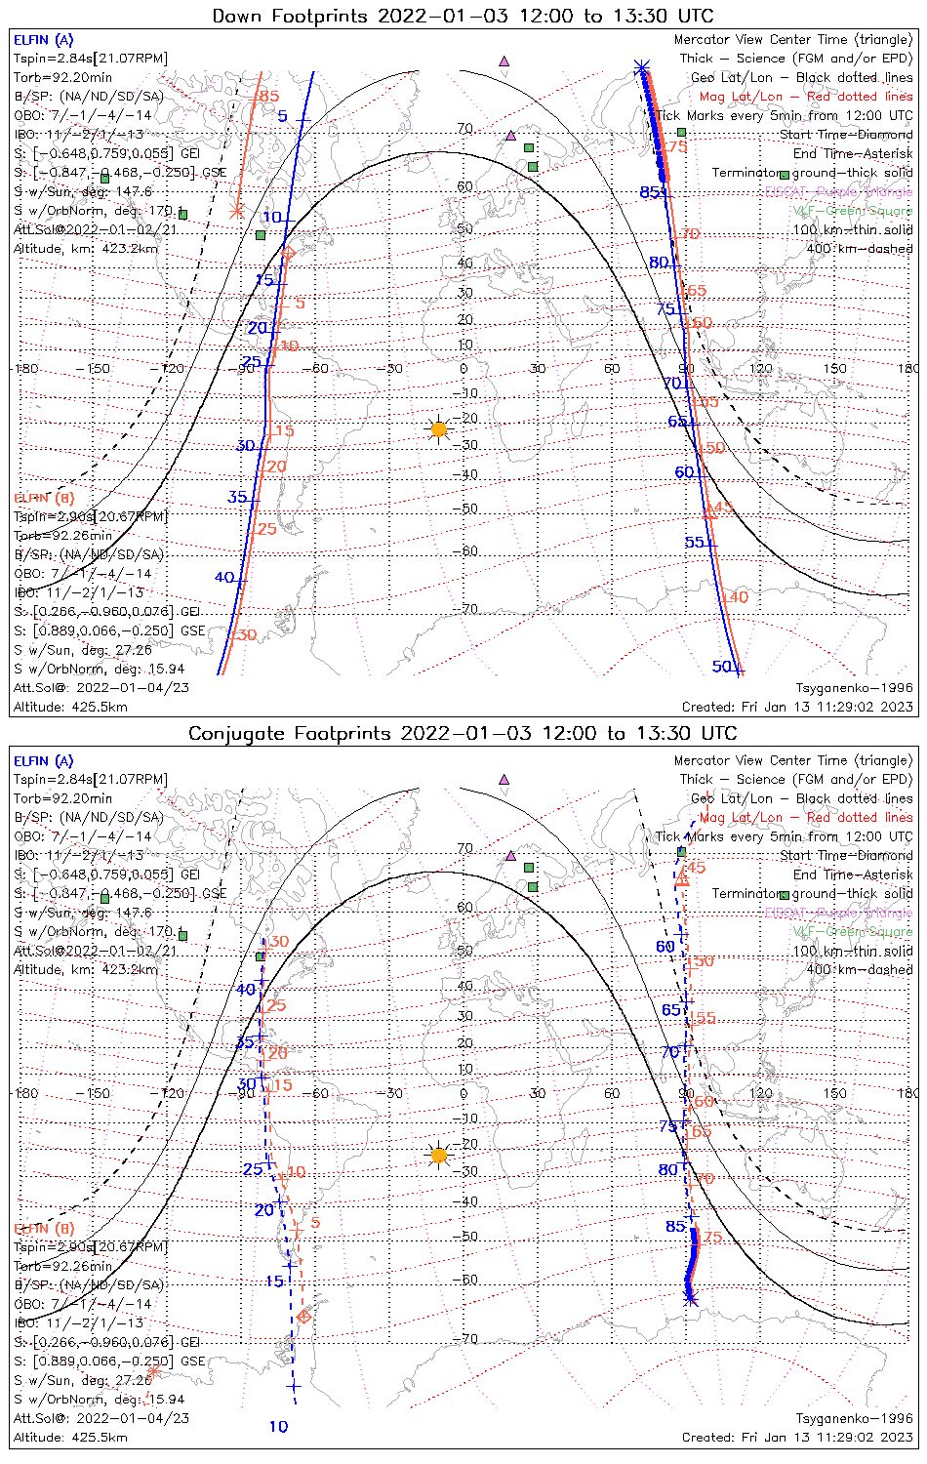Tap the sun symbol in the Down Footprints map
[x=439, y=428]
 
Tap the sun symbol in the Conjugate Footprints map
[x=439, y=1156]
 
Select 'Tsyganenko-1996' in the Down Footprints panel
[x=854, y=688]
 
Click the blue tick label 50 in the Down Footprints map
[x=722, y=667]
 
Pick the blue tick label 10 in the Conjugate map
[x=278, y=1427]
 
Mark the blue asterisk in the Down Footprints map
[x=641, y=67]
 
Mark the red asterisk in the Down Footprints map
[x=235, y=211]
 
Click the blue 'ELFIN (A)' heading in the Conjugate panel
[x=43, y=761]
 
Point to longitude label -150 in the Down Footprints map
[x=99, y=369]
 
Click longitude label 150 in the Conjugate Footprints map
[x=835, y=1093]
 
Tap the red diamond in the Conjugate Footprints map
[x=303, y=1318]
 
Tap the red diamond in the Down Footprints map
[x=288, y=254]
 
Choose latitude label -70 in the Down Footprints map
[x=469, y=609]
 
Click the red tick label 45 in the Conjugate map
[x=697, y=868]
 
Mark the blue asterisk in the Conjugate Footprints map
[x=691, y=1299]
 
